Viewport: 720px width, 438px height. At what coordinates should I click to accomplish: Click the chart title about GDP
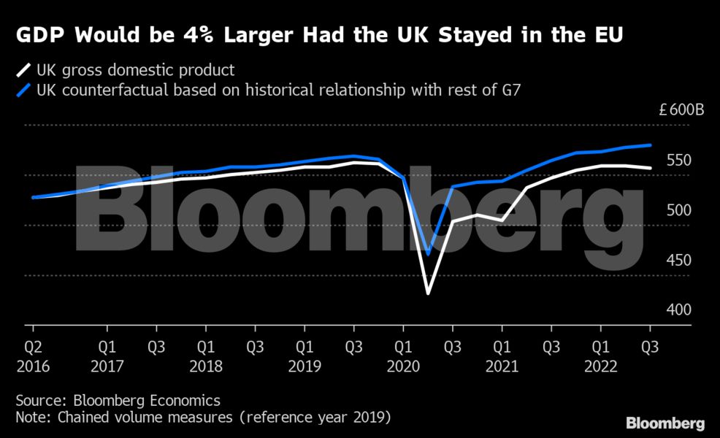point(320,34)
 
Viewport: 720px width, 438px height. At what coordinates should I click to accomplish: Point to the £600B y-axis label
point(681,111)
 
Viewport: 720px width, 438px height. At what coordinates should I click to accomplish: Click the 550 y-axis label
point(678,161)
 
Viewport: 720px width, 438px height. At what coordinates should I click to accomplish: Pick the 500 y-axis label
point(678,210)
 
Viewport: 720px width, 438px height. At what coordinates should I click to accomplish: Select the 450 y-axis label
point(678,260)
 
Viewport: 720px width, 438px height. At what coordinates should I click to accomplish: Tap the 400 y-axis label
point(678,310)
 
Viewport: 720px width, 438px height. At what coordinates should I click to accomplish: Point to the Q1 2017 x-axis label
point(107,355)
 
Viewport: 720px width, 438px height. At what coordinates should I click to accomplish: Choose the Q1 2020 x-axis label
point(403,355)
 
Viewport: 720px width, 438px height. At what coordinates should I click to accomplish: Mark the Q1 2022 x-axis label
point(600,355)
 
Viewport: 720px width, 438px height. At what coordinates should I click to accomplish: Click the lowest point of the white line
point(428,293)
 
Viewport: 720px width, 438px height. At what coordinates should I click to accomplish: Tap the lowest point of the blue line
point(428,253)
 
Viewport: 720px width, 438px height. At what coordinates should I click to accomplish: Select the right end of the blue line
point(650,145)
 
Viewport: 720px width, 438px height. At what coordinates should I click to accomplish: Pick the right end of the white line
point(650,168)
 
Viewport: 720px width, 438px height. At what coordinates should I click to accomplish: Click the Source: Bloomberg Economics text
point(118,401)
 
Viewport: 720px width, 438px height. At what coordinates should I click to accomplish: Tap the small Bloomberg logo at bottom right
point(665,423)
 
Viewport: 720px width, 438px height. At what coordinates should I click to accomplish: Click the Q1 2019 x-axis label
point(305,355)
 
